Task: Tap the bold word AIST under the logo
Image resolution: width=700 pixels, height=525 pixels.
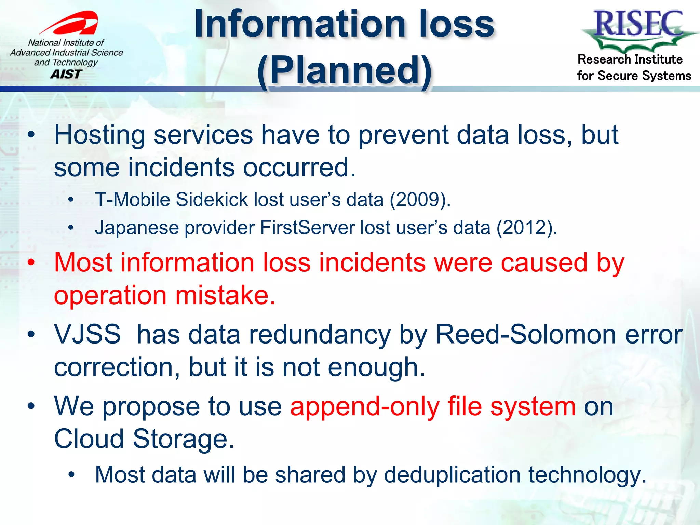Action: click(x=66, y=74)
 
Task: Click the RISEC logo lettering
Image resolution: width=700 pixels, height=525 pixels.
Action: click(x=638, y=24)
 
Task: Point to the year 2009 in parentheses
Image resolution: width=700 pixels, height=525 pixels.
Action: click(x=420, y=200)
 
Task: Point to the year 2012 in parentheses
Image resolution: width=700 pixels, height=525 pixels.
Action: click(x=526, y=228)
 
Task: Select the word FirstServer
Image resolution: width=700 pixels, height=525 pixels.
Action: click(x=307, y=228)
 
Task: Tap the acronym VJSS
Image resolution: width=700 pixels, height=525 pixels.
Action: click(x=87, y=334)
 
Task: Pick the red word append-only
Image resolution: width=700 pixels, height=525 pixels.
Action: click(x=364, y=407)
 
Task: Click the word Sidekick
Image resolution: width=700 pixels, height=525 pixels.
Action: click(x=212, y=200)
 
